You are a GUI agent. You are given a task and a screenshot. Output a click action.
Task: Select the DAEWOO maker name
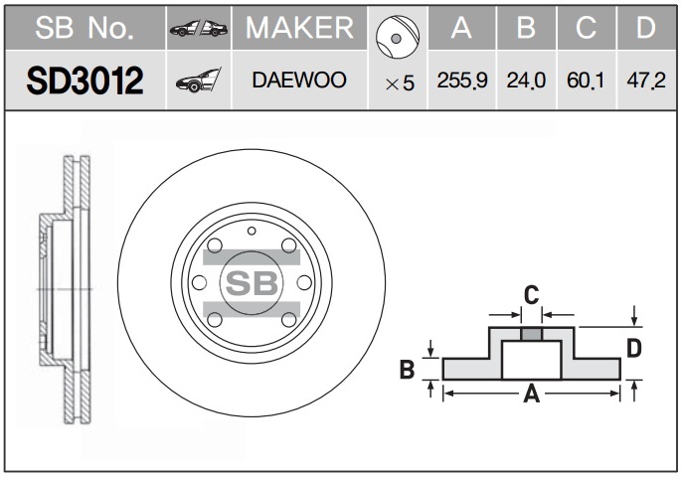coord(299,80)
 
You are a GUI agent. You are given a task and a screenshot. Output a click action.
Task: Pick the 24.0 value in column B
coord(527,80)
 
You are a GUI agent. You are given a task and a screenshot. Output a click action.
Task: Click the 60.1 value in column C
coord(587,80)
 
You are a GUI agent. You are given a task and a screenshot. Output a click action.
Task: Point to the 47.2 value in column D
coord(646,80)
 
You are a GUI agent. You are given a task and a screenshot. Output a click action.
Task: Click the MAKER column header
coord(299,29)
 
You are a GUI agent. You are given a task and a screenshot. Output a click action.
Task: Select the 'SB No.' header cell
coord(84,29)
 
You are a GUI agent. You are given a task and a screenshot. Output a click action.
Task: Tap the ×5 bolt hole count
coord(399,83)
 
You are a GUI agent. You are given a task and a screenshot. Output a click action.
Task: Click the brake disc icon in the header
coord(395,37)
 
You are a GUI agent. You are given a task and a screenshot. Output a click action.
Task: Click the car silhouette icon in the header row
coord(198,29)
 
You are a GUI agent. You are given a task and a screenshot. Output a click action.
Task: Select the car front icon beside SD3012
coord(197,80)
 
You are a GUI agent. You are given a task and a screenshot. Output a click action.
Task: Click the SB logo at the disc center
coord(251,282)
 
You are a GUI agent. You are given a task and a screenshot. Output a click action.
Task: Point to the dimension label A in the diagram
coord(531,396)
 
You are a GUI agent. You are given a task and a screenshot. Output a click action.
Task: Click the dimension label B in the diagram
coord(406,370)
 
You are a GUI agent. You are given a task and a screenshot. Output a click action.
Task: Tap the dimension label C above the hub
coord(531,294)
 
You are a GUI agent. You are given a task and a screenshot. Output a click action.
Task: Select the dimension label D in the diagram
coord(633,349)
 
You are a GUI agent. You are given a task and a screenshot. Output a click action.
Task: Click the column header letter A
coord(460,29)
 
